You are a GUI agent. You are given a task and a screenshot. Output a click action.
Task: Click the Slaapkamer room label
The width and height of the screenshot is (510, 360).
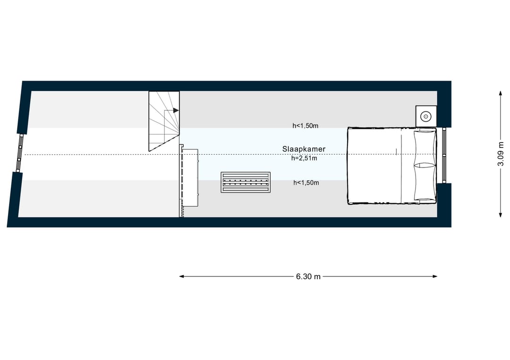(304, 149)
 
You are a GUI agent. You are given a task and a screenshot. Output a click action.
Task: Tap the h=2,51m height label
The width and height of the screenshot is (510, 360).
(304, 159)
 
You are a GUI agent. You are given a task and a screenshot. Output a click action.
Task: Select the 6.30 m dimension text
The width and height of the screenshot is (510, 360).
(308, 276)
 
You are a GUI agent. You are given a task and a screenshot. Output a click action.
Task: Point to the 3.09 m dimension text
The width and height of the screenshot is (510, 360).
(500, 154)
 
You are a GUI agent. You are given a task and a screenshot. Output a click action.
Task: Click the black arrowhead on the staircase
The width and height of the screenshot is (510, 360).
(176, 110)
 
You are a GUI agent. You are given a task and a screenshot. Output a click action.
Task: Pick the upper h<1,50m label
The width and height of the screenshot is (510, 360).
(306, 126)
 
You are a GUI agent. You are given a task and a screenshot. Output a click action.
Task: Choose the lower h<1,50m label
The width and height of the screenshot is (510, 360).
(306, 183)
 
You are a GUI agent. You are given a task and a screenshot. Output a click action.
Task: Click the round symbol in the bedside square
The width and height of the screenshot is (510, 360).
(426, 117)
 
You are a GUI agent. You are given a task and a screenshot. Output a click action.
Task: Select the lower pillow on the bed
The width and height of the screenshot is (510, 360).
(425, 182)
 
